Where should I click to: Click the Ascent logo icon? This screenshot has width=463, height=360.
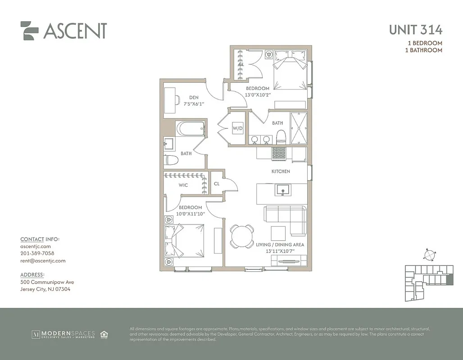click(29, 31)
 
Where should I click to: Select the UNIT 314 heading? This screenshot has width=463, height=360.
click(415, 30)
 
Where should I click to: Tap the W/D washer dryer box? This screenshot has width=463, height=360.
click(237, 128)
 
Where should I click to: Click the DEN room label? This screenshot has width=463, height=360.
click(194, 98)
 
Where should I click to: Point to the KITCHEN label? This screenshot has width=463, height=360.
click(281, 171)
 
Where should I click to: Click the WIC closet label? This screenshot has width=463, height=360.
click(183, 185)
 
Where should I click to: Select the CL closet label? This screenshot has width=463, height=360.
click(217, 184)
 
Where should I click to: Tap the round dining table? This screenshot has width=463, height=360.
click(242, 236)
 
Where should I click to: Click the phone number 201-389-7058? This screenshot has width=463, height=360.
click(37, 253)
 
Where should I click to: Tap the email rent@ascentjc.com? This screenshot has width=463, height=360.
click(43, 261)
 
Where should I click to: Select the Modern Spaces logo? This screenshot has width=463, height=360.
click(63, 334)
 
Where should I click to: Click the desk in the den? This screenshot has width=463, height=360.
click(170, 100)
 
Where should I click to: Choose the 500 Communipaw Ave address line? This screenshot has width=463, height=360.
click(47, 282)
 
